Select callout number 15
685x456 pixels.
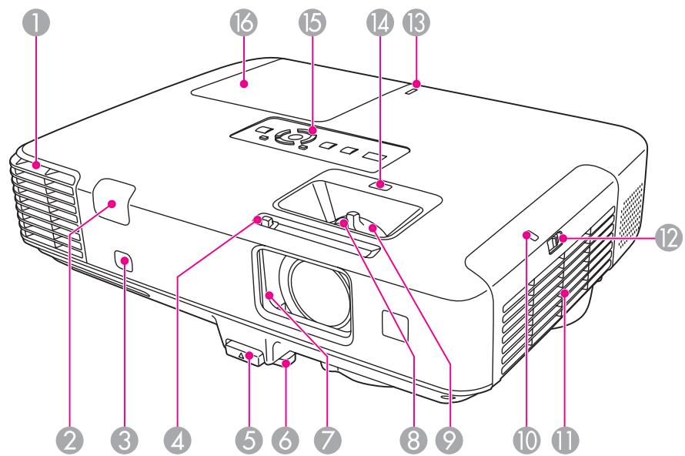[312, 25]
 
